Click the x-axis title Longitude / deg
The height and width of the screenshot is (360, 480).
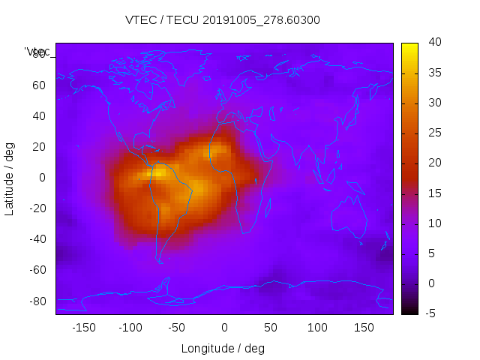point(223,349)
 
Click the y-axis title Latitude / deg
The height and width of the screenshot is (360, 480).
point(10,178)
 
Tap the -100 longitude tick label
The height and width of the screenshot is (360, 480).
point(130,328)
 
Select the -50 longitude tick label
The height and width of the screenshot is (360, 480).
point(177,328)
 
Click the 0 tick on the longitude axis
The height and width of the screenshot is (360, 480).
point(224,328)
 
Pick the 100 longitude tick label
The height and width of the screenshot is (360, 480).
point(318,328)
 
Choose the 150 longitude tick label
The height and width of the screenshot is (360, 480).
point(364,328)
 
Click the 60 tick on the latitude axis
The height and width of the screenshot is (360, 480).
point(39,85)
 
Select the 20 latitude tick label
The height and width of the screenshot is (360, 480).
point(39,147)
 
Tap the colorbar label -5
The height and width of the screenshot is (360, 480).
point(430,313)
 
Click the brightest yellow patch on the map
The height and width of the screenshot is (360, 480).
point(160,173)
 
